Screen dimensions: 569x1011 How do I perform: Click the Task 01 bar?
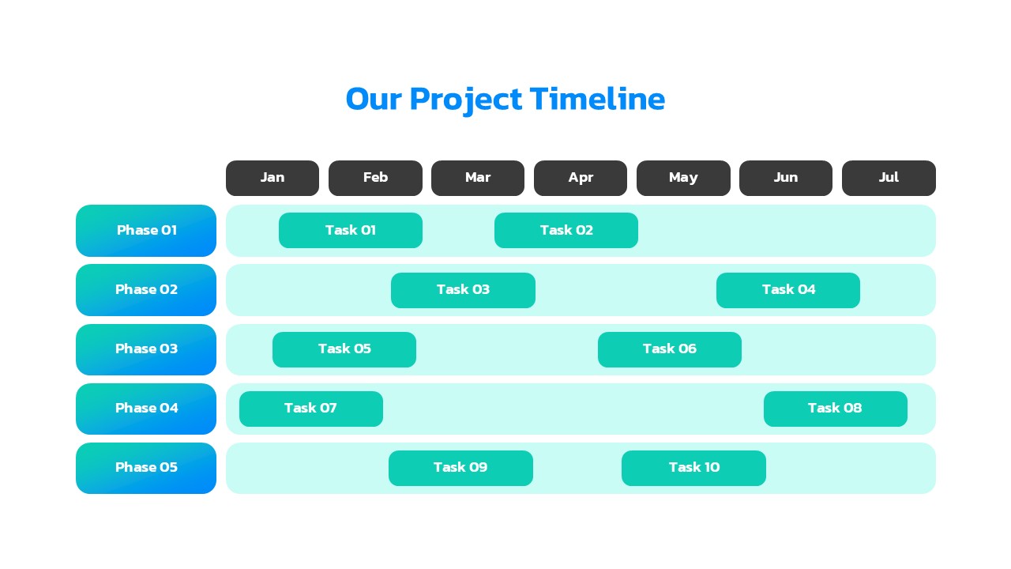(x=351, y=230)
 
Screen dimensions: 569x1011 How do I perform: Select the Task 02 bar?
(x=566, y=230)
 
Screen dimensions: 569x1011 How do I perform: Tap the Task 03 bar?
(x=463, y=290)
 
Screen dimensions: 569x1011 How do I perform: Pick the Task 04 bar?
(x=788, y=290)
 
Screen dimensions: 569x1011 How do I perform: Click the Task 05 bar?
(x=344, y=349)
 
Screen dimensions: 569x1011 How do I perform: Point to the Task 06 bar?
(x=670, y=349)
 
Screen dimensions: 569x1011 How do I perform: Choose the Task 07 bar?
(x=311, y=409)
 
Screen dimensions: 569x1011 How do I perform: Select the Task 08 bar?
(x=836, y=409)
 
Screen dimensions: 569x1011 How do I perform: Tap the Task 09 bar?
(x=460, y=468)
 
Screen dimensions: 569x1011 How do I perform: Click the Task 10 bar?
(x=693, y=468)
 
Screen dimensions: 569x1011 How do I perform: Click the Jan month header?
(x=272, y=178)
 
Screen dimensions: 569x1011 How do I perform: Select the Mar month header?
(x=478, y=178)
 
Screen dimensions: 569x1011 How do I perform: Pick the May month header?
(x=683, y=178)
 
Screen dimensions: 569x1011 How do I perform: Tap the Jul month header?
(x=889, y=178)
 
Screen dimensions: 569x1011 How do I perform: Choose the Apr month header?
(x=581, y=178)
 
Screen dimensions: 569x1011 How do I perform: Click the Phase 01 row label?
(x=146, y=231)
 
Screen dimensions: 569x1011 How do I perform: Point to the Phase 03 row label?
(x=146, y=349)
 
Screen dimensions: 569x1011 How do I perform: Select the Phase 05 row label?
(x=146, y=468)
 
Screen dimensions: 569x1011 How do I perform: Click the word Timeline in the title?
(x=597, y=100)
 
